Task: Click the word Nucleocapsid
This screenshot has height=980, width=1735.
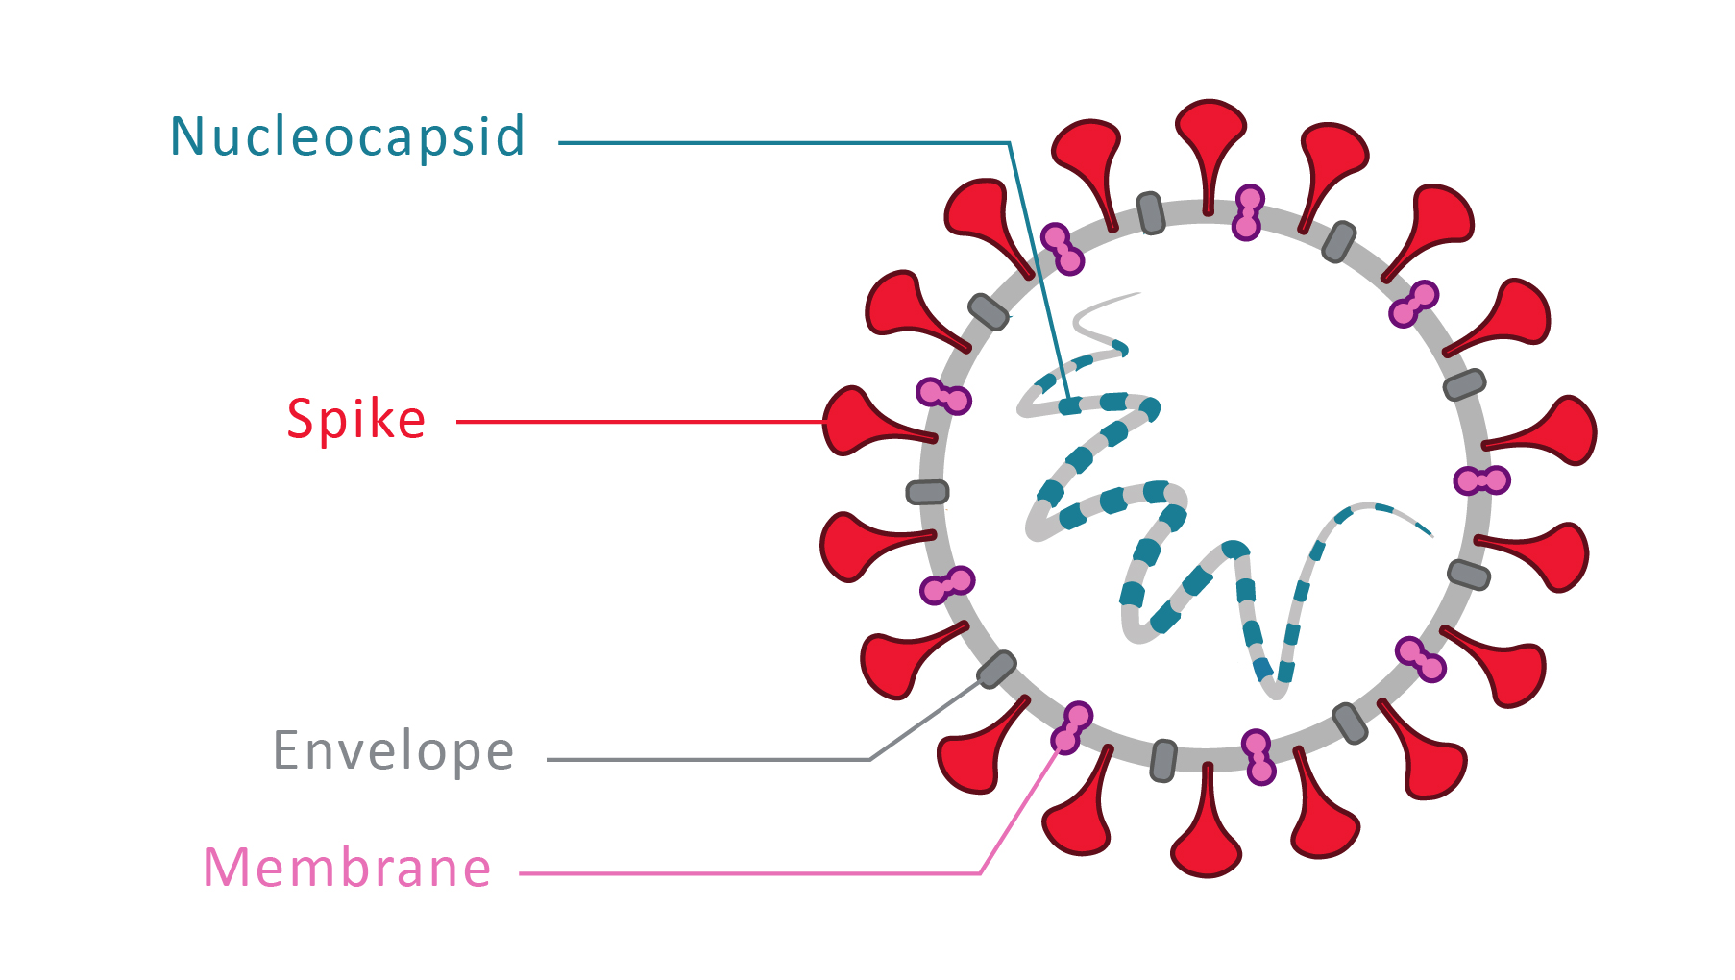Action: click(347, 137)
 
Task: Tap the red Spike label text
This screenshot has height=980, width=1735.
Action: click(355, 420)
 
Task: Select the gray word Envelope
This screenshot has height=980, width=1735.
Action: click(393, 750)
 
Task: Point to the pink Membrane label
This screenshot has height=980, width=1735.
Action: click(347, 868)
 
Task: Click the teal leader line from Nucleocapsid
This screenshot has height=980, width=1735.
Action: click(783, 143)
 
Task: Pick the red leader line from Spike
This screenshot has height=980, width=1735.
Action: click(639, 421)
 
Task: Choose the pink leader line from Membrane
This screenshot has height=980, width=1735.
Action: click(749, 873)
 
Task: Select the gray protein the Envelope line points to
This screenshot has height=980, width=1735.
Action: click(996, 669)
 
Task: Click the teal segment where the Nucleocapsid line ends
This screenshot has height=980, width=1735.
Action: click(1070, 406)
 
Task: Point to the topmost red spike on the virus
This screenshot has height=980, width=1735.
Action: click(1210, 135)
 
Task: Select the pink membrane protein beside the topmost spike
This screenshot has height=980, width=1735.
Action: click(1248, 212)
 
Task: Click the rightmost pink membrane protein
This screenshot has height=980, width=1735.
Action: click(1481, 479)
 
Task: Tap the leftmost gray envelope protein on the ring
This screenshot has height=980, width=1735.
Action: click(928, 492)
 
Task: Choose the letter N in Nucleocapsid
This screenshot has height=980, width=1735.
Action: click(187, 136)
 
